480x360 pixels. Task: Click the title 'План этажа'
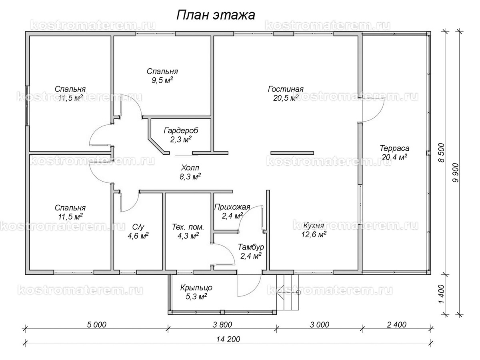tap(216, 15)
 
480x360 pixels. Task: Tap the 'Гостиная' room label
tap(286, 89)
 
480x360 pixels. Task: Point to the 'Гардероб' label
tap(181, 131)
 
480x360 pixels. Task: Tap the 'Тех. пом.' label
tap(188, 227)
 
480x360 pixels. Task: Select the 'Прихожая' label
tap(232, 207)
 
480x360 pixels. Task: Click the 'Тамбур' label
tap(250, 246)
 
